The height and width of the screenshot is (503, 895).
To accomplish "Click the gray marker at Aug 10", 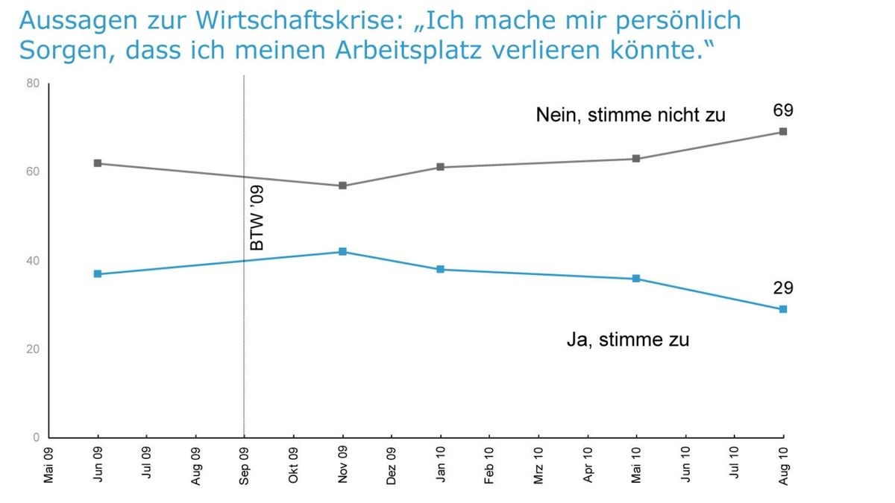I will tap(783, 132).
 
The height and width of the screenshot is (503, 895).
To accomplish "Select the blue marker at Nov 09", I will tap(342, 252).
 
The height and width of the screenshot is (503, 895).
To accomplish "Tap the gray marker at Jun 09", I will tap(98, 163).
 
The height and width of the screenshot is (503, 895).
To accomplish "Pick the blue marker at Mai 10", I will tap(636, 279).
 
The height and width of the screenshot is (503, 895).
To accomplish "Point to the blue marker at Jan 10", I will tap(440, 269).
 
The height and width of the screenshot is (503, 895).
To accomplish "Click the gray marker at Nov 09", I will tap(342, 186).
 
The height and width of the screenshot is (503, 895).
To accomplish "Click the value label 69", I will tap(782, 111).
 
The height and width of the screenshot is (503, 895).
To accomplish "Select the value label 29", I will tap(782, 288).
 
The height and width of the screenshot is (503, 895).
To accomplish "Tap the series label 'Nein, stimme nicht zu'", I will tap(630, 116).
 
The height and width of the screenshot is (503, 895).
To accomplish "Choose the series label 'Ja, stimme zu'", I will tap(628, 341).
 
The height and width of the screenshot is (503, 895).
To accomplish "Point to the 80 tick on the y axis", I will tap(33, 83).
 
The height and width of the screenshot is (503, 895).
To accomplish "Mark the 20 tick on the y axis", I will tap(33, 349).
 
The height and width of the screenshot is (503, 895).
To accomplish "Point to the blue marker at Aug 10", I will tap(783, 309).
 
